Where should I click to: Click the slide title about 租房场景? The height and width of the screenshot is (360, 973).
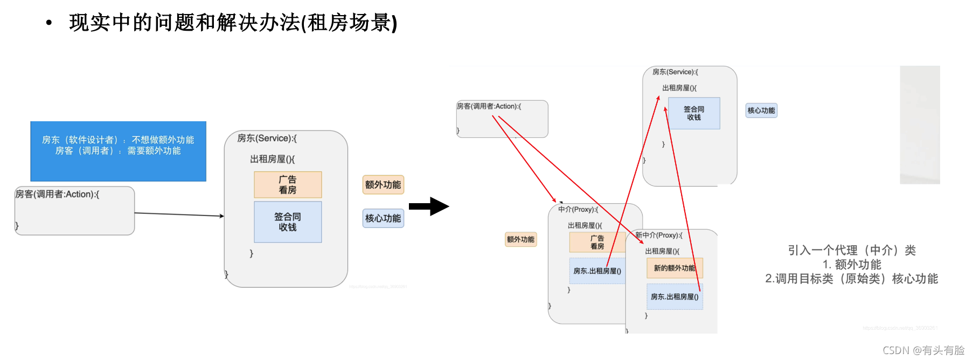(233, 23)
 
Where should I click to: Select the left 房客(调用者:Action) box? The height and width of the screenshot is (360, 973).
(74, 211)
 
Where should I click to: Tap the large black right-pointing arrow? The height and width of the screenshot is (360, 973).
(429, 206)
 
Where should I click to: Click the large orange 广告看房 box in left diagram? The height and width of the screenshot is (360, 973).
(288, 185)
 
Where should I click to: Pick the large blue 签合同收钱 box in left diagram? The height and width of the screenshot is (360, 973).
(288, 222)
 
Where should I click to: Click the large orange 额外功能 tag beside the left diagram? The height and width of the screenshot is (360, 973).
(383, 185)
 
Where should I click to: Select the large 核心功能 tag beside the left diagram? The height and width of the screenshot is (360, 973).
(383, 218)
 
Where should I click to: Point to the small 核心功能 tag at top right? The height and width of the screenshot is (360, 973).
(761, 110)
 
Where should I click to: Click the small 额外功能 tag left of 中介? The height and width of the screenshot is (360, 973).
(520, 239)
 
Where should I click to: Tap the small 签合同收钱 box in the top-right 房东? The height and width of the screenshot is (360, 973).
(694, 113)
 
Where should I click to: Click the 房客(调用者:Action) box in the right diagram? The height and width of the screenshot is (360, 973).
(502, 119)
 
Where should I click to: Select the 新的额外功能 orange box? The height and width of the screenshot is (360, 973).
(675, 268)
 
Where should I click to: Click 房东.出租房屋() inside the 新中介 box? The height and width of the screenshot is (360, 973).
(675, 297)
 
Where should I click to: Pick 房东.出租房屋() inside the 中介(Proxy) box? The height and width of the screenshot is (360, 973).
(597, 271)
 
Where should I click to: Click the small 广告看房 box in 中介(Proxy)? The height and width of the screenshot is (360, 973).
(597, 243)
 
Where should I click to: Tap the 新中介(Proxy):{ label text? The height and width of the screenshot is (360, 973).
(658, 236)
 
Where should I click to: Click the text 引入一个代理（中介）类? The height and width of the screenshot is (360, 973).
(851, 250)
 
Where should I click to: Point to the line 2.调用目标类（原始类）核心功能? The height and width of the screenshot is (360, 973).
(851, 279)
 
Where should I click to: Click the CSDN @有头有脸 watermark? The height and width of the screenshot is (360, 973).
(923, 350)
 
